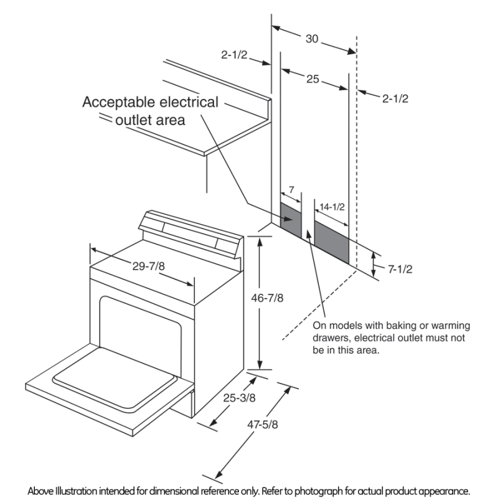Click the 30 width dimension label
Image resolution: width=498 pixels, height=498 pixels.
[x=312, y=39]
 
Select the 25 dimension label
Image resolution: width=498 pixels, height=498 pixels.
[x=312, y=79]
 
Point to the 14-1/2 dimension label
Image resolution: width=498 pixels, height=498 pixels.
[x=332, y=206]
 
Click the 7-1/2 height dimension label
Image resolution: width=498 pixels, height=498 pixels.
[x=400, y=270]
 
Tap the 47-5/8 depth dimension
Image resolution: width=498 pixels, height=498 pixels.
[x=261, y=425]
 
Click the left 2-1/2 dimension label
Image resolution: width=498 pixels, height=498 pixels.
[x=234, y=55]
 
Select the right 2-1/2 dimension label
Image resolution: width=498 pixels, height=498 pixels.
[x=395, y=98]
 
